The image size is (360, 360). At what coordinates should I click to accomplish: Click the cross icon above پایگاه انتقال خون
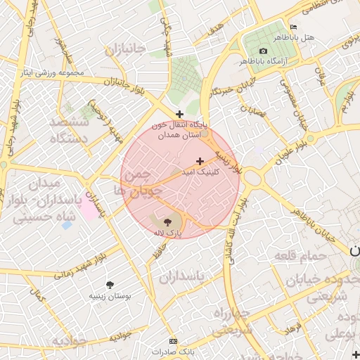coord(180,113)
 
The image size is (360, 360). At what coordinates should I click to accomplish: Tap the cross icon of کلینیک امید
coord(200,161)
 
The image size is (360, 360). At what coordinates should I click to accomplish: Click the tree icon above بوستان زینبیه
coord(110,285)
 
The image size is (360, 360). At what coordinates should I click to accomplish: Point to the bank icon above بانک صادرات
coord(165,341)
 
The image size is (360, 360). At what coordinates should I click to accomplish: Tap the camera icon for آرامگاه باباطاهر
coord(263,51)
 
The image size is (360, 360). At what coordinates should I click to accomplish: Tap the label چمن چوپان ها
coord(141,181)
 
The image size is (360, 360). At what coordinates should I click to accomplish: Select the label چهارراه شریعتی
coord(232,321)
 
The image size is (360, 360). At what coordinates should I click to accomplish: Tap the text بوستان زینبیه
coord(111,296)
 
